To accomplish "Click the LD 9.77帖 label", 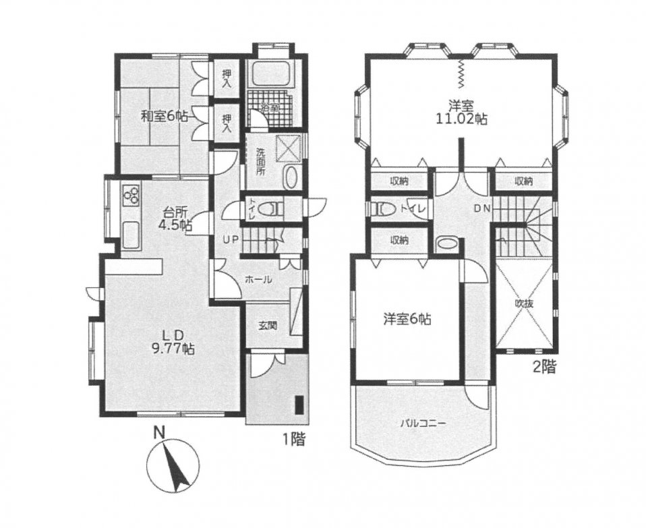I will pos(173,343).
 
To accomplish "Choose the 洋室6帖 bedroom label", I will pos(407,320).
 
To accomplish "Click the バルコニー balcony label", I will pos(423,423).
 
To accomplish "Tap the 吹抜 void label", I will pos(525,304).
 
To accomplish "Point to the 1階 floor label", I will pos(294,440).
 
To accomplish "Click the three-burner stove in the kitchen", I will pos(131,196).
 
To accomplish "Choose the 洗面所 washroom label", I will pos(260,161).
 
